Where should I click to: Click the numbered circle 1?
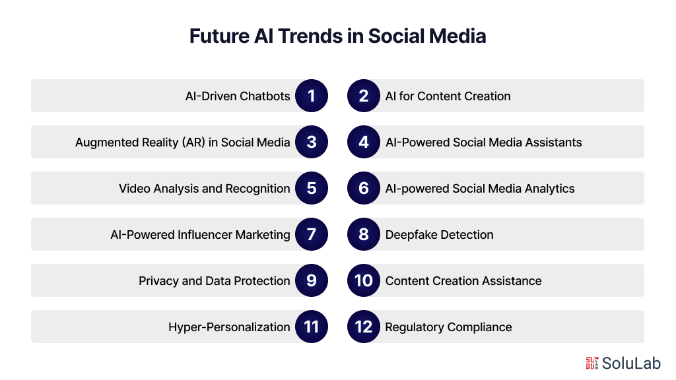pyautogui.click(x=312, y=96)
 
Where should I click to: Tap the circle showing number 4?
pyautogui.click(x=364, y=142)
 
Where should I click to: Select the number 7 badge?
pyautogui.click(x=312, y=234)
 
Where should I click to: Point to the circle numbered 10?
pyautogui.click(x=364, y=280)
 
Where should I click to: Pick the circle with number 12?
pyautogui.click(x=364, y=327)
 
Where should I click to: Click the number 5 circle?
pyautogui.click(x=312, y=188)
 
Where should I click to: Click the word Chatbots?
pyautogui.click(x=265, y=96)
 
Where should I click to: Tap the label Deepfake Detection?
pyautogui.click(x=439, y=235)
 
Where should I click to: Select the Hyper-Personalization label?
pyautogui.click(x=229, y=327)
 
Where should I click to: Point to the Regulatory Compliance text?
pyautogui.click(x=448, y=327)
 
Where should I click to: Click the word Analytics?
pyautogui.click(x=550, y=189)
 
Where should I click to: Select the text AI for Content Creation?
pyautogui.click(x=448, y=96)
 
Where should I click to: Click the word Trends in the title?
pyautogui.click(x=310, y=36)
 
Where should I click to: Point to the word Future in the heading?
pyautogui.click(x=219, y=36)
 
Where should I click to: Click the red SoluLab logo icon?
pyautogui.click(x=591, y=364)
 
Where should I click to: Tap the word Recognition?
pyautogui.click(x=258, y=189)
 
